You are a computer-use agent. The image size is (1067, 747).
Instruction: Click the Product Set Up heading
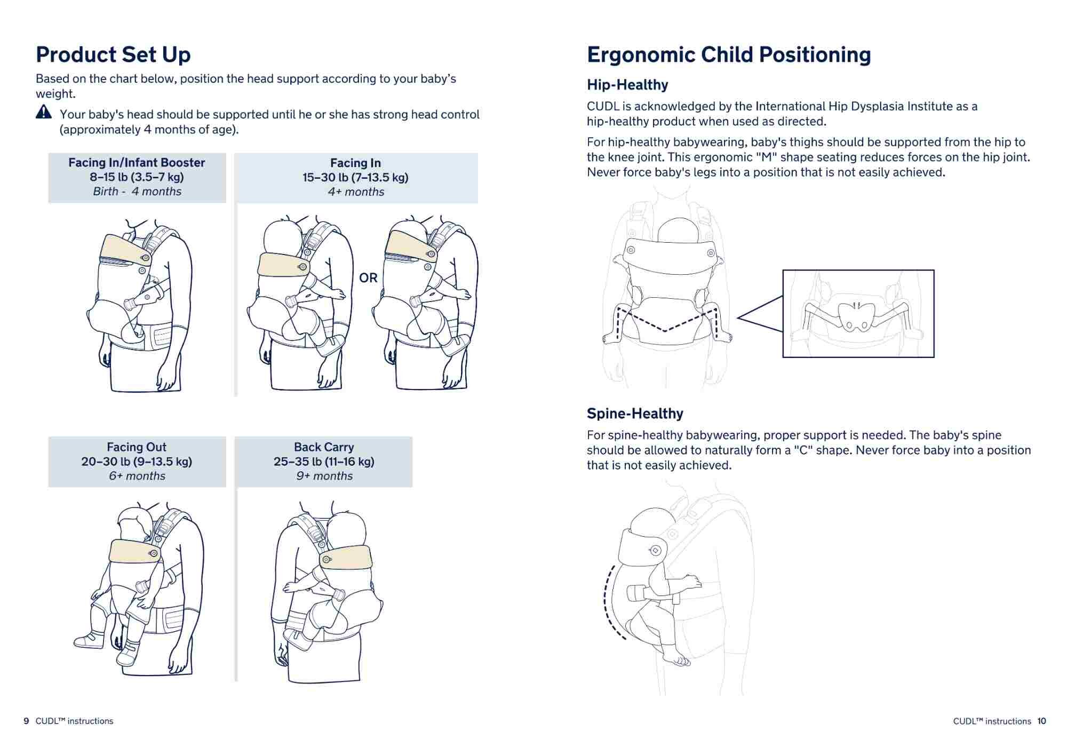click(113, 55)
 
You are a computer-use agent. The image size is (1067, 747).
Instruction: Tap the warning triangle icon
click(44, 112)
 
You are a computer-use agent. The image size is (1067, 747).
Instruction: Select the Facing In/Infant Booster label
click(137, 163)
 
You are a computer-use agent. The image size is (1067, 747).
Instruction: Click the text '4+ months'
click(356, 192)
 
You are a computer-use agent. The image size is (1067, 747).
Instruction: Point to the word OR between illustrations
click(368, 278)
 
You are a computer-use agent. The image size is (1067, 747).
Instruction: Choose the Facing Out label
click(137, 447)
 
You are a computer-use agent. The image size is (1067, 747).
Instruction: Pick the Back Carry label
click(324, 447)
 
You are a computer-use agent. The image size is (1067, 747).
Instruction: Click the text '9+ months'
click(324, 476)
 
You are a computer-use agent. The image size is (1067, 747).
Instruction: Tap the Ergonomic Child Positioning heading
click(729, 55)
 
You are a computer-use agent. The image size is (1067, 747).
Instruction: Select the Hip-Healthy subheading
click(627, 85)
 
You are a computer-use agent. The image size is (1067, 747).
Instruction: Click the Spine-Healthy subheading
click(635, 414)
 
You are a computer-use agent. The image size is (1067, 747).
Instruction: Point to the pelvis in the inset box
click(856, 316)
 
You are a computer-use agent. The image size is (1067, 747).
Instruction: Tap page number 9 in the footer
click(26, 721)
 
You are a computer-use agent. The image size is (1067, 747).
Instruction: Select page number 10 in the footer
click(1042, 721)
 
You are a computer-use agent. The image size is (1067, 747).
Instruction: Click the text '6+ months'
click(137, 476)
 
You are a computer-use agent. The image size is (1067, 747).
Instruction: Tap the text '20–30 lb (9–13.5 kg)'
click(137, 462)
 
